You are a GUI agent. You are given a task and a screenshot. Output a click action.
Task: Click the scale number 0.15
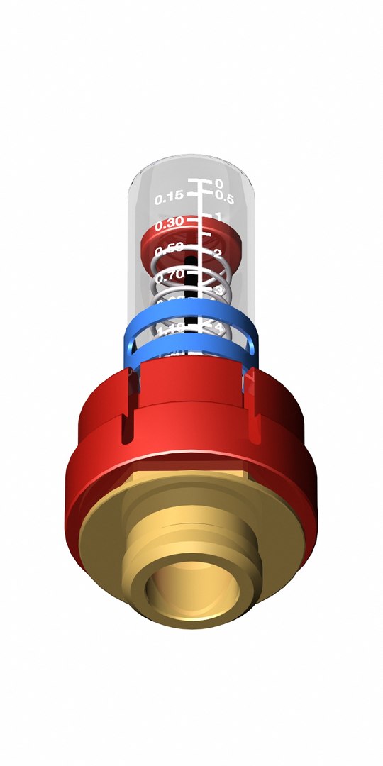pos(170,196)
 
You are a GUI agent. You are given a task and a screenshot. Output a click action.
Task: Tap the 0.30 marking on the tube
pos(170,223)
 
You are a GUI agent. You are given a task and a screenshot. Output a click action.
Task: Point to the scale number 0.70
pos(170,274)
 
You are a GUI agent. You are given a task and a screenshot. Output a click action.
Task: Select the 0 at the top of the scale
pos(219,184)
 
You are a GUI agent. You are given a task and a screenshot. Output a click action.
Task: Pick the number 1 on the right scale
pos(219,216)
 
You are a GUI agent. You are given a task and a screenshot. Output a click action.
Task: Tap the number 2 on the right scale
pos(218,253)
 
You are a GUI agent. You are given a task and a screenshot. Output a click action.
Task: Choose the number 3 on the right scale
pos(219,291)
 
